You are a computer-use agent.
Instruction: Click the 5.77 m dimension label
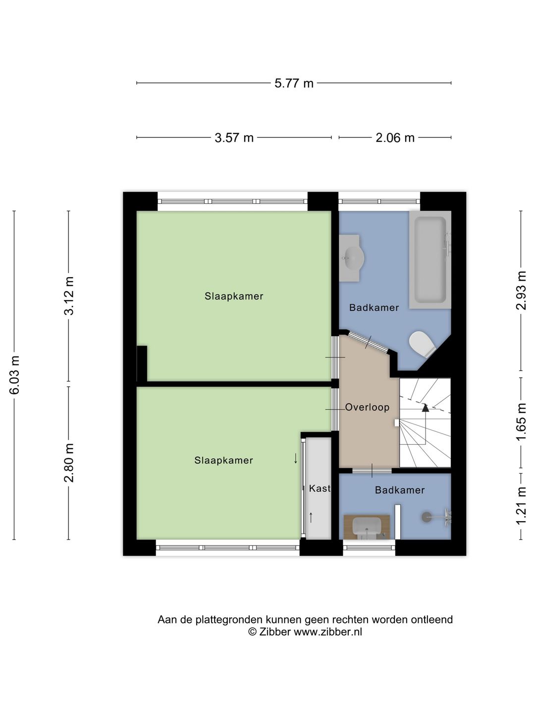click(294, 83)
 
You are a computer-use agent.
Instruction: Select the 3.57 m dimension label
click(234, 138)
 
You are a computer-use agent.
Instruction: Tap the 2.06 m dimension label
click(395, 138)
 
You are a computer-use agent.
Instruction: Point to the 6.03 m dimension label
click(14, 375)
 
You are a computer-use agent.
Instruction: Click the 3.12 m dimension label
click(69, 296)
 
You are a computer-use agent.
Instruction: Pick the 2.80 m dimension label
click(69, 463)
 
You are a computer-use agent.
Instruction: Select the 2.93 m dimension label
click(521, 291)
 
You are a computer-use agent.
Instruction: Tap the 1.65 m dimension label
click(521, 422)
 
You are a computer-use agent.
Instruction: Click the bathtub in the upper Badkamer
click(429, 259)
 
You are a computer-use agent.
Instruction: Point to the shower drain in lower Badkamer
click(426, 517)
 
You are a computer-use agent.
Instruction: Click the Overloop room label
click(367, 408)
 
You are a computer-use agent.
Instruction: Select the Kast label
click(319, 488)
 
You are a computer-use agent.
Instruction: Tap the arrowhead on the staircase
click(425, 408)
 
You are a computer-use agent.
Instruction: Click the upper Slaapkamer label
click(234, 297)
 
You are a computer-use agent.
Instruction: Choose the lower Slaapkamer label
click(223, 461)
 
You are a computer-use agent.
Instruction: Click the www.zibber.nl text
click(327, 632)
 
